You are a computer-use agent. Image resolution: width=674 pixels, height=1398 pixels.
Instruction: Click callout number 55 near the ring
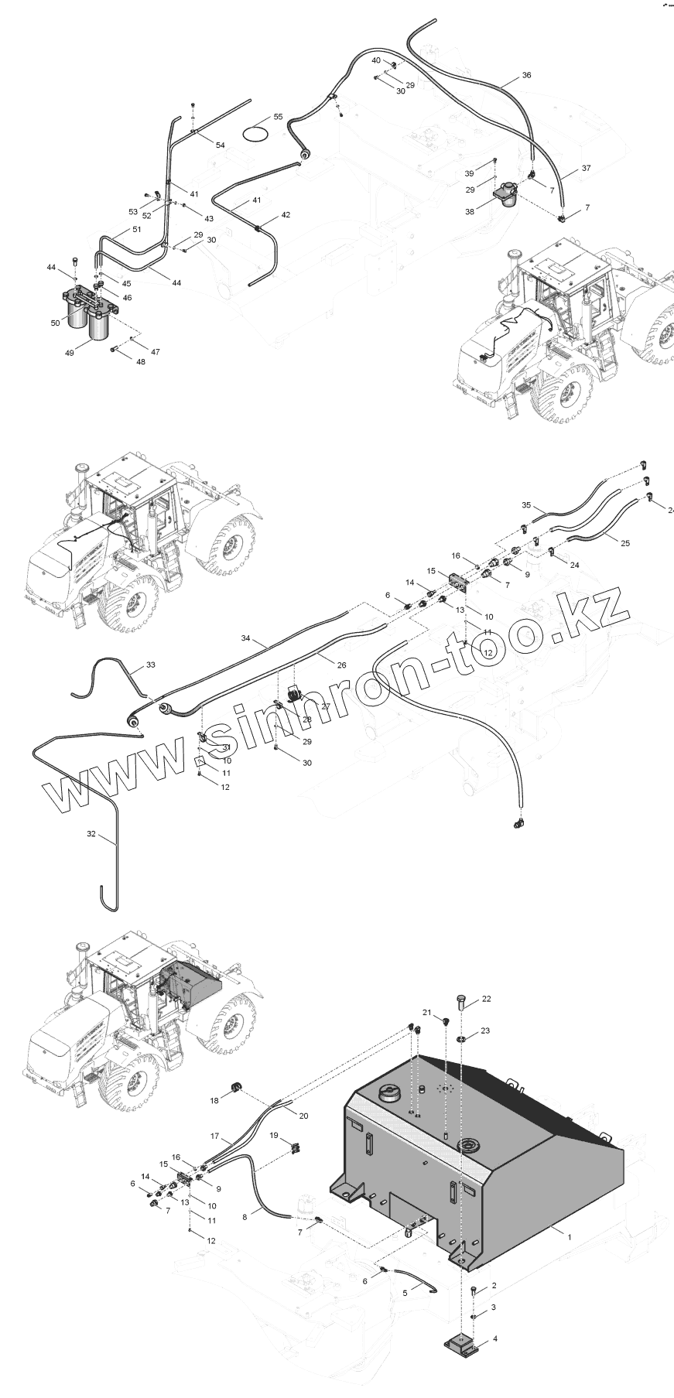(x=279, y=117)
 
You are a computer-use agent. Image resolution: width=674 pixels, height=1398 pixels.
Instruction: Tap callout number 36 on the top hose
(x=527, y=75)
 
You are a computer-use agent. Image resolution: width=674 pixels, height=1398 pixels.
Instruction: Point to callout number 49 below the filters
(x=69, y=353)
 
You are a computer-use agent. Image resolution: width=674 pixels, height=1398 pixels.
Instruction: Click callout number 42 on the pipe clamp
(x=286, y=214)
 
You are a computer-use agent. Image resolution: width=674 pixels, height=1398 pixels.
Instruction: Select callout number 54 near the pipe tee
(x=221, y=145)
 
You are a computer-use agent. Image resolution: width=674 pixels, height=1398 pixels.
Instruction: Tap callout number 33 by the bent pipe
(x=150, y=664)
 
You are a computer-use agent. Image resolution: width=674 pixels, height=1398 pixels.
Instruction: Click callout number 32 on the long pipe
(x=92, y=834)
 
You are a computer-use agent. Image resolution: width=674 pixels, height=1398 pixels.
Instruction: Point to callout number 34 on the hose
(x=245, y=639)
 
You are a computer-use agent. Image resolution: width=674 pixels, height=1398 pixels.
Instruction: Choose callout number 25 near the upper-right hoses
(x=625, y=542)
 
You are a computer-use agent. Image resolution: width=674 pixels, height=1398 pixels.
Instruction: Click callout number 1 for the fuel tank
(x=570, y=1236)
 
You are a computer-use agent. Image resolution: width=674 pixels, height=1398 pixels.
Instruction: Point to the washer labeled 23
(x=460, y=1036)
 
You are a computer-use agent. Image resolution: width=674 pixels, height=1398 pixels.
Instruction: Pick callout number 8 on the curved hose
(x=245, y=1217)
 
